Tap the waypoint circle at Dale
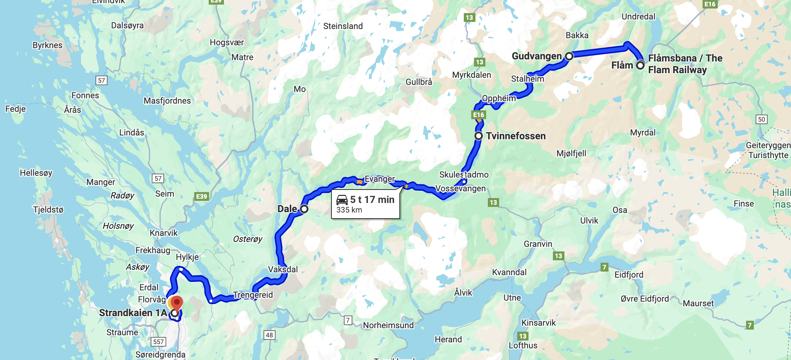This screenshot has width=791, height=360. point(304,209)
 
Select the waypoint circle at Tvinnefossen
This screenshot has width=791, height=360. point(478,136)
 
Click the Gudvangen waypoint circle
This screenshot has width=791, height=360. point(569,56)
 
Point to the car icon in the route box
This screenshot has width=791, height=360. point(342,200)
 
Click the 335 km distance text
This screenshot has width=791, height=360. point(349,210)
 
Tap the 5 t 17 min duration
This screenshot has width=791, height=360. point(372,199)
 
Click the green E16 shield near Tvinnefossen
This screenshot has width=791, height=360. point(479,115)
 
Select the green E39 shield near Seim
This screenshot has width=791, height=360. point(202,196)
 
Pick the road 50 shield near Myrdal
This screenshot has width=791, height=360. point(761,119)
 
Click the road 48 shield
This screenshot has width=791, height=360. point(269,335)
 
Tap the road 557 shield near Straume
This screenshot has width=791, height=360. point(158,342)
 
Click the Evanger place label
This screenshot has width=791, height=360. point(380,179)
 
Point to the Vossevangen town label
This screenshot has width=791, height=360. point(460,188)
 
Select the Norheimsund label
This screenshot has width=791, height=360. point(388,325)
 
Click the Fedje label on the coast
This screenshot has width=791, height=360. point(16,109)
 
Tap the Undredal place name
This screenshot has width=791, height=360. point(638,17)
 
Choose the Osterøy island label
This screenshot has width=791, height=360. point(248,239)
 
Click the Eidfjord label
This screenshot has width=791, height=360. point(629,274)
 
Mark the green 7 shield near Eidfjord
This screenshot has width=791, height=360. point(604,267)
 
